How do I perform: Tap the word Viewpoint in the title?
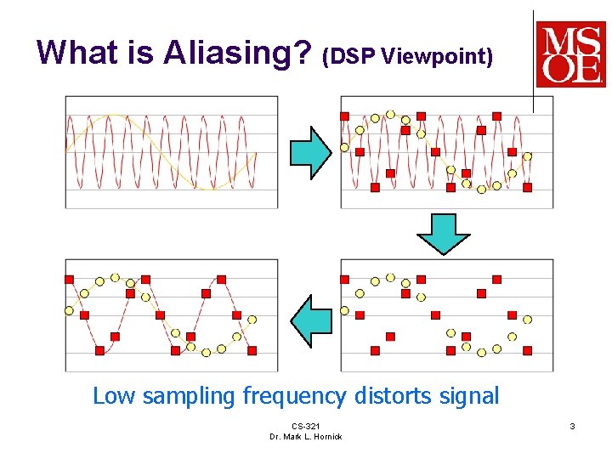coord(437,57)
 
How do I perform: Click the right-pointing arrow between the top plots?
coord(310,152)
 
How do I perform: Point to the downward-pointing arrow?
coord(443,234)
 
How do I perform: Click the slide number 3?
coord(573,425)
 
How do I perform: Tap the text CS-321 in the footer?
coord(305,426)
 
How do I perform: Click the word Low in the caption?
coord(115,396)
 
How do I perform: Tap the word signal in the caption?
coord(467,397)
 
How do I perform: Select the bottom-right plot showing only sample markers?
coord(446,314)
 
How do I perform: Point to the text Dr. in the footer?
coord(275,436)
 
